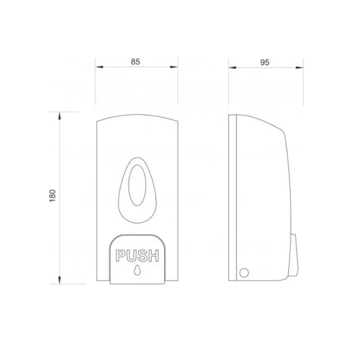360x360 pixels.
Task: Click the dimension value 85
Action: click(x=135, y=62)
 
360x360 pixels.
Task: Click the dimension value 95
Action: click(x=265, y=63)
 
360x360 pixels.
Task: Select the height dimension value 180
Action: click(x=53, y=196)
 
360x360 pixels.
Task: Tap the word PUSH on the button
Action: click(x=137, y=256)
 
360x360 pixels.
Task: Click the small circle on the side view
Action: click(x=244, y=273)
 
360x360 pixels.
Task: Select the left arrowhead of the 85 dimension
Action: click(x=99, y=67)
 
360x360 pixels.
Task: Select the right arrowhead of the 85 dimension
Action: click(x=174, y=67)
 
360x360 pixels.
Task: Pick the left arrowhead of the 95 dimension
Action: click(x=232, y=67)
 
